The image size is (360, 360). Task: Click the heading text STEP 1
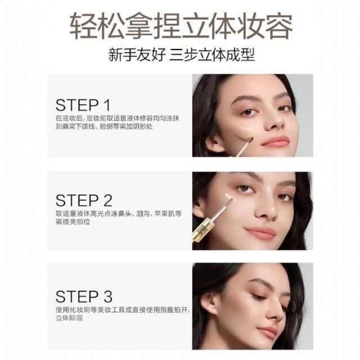(83, 105)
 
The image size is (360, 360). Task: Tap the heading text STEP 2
(84, 200)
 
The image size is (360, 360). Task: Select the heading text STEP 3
(84, 296)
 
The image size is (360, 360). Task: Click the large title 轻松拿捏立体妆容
(181, 26)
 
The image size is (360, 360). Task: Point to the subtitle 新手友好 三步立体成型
(182, 55)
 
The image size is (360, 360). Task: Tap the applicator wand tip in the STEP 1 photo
(250, 140)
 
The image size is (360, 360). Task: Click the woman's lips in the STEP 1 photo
(276, 141)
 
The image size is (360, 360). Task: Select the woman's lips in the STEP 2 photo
(260, 232)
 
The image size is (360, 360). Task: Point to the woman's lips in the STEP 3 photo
(268, 331)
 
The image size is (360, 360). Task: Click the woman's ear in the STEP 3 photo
(209, 303)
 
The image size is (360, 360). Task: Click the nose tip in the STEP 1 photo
(274, 123)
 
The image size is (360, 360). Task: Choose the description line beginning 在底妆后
(118, 119)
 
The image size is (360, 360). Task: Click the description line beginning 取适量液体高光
(119, 214)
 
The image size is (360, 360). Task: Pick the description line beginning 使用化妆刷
(123, 310)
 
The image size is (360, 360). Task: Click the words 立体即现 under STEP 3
(69, 318)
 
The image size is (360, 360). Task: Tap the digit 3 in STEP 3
(107, 296)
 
